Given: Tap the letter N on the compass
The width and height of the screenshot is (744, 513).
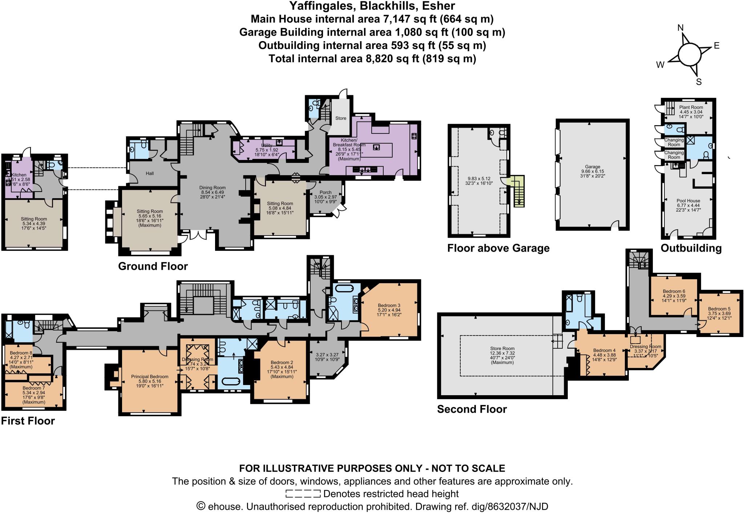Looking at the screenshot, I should click(x=681, y=28).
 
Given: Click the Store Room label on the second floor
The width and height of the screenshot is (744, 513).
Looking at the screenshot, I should click(x=502, y=348).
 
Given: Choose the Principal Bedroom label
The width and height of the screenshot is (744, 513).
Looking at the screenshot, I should click(x=150, y=377).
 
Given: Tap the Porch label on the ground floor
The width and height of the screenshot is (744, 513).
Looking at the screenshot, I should click(x=325, y=192).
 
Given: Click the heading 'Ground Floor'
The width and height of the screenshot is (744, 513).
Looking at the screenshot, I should click(x=153, y=266).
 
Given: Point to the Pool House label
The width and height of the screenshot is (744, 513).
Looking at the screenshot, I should click(x=688, y=201).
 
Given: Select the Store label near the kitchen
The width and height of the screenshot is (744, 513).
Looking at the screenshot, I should click(x=341, y=118).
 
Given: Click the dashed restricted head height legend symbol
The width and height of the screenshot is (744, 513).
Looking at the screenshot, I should click(x=303, y=494).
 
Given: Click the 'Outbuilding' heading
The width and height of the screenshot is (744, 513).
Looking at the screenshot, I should click(x=691, y=248).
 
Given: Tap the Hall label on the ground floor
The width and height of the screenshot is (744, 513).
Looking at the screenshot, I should click(x=150, y=173).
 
